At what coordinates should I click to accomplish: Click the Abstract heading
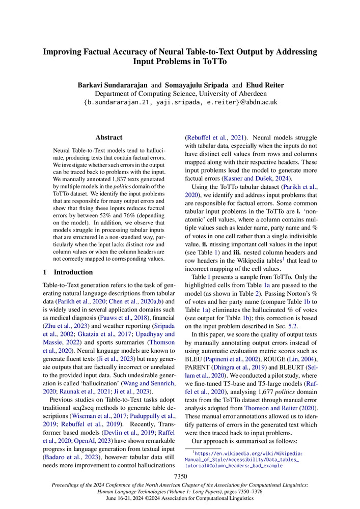(108, 137)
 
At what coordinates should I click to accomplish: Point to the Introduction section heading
(69, 272)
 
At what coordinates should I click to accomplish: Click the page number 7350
(180, 476)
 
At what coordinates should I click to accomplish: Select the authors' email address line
(180, 102)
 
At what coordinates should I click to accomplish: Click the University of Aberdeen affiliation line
(180, 93)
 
